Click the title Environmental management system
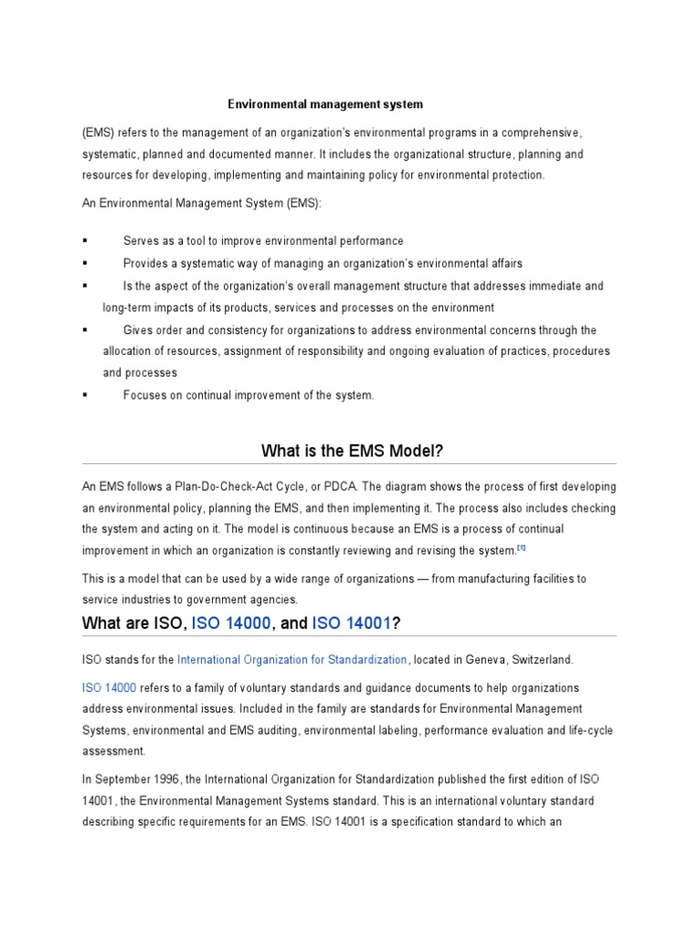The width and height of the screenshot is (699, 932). click(325, 105)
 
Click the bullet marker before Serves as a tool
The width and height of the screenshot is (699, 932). click(86, 241)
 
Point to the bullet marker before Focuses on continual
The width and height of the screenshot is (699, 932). click(86, 395)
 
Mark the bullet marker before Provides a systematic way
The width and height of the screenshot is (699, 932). click(86, 264)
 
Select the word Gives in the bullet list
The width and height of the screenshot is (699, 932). click(138, 330)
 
